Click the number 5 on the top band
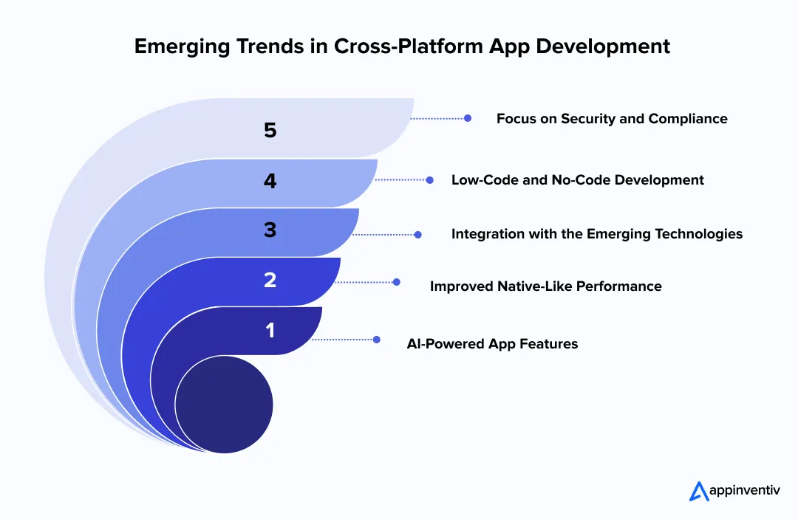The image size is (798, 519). [270, 131]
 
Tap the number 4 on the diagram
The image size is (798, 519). [270, 181]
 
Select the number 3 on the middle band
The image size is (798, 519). [270, 230]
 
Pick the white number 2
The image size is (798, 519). [270, 280]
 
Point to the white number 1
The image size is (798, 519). [270, 330]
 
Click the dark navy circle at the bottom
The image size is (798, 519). [224, 405]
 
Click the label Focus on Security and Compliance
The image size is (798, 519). [611, 118]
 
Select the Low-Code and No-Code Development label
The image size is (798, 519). [577, 179]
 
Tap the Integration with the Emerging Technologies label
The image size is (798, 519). [596, 234]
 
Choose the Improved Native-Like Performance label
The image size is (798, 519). [545, 286]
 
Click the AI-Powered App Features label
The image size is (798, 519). [492, 343]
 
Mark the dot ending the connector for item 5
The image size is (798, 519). [468, 117]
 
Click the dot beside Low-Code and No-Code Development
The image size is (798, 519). [430, 179]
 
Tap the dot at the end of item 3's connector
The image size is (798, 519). [417, 234]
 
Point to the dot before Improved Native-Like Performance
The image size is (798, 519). [397, 282]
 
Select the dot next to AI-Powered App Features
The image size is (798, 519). [376, 340]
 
